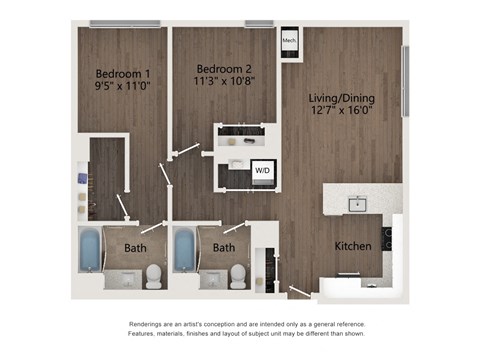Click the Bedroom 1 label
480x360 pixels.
pos(123,73)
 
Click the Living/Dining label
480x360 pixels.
pos(342,97)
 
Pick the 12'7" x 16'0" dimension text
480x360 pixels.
pos(342,112)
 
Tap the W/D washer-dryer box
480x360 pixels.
pos(262,171)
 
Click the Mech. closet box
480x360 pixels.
pos(289,40)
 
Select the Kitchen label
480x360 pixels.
pos(353,245)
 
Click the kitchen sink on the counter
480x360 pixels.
pos(356,205)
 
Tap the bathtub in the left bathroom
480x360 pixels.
pos(89,252)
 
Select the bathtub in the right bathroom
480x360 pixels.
pos(185,252)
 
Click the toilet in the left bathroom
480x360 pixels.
pos(153,275)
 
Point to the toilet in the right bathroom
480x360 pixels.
pos(238,275)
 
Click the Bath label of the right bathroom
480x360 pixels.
pos(224,247)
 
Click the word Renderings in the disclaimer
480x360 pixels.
pos(149,325)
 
